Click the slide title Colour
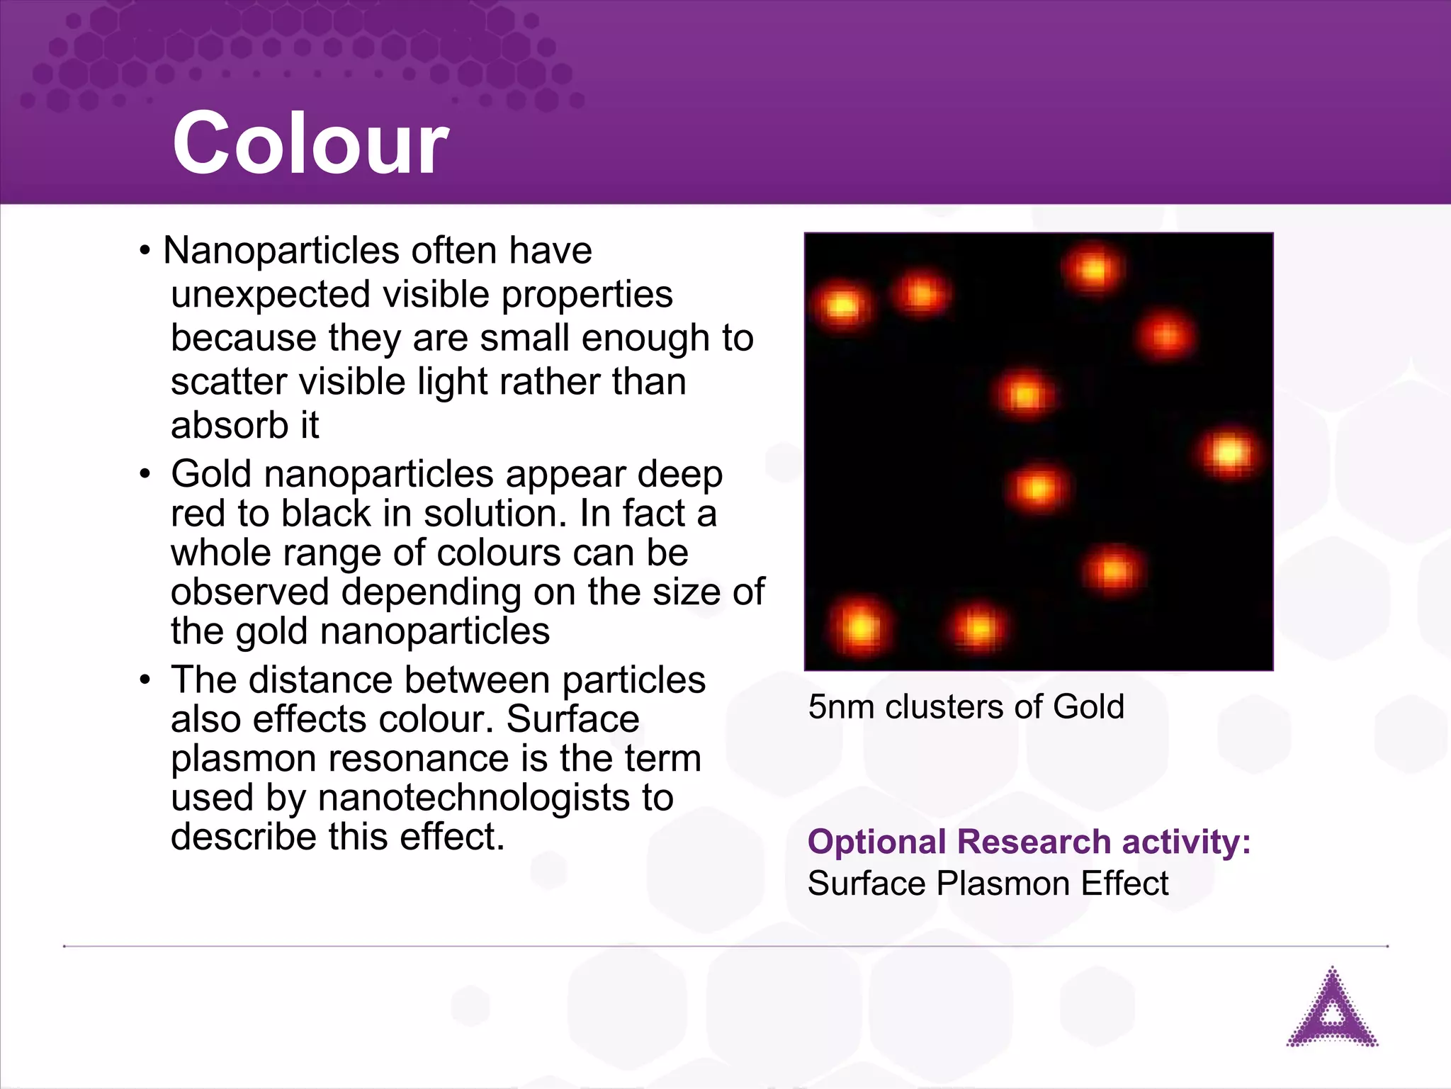pos(310,144)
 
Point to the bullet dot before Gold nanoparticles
pos(145,474)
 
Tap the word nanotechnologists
pos(474,799)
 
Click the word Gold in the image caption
pos(1088,707)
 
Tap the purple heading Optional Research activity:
pos(1029,842)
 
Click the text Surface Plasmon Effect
pos(988,884)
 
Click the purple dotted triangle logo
pos(1332,1010)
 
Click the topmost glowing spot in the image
pos(1093,269)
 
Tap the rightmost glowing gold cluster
pos(1229,452)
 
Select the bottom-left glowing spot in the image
pos(860,626)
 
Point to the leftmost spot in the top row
pos(842,306)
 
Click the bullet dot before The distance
pos(145,680)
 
